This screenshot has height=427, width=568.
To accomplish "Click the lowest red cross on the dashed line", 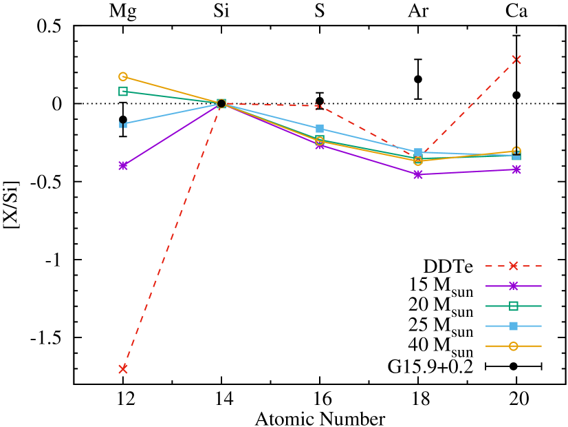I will (123, 369).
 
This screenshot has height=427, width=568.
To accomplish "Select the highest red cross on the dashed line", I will (516, 60).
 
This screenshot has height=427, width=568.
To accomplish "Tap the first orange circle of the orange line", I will (123, 76).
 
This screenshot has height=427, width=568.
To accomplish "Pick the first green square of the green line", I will (123, 91).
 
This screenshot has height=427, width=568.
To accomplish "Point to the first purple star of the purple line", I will (123, 165).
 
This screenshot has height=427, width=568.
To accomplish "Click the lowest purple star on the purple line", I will (418, 174).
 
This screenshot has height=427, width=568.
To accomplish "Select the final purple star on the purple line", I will (516, 169).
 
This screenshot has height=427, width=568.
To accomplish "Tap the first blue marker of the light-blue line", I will (123, 124).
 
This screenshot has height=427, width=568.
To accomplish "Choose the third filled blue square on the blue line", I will (320, 129).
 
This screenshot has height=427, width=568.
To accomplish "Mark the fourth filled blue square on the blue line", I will (418, 152).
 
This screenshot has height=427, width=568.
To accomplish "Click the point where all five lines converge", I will (221, 103).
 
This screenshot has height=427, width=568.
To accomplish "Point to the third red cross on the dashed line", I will (320, 106).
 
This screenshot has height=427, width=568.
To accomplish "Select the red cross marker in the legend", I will (513, 266).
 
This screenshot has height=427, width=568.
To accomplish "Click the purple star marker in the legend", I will (513, 286).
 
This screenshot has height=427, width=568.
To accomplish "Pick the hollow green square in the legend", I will (513, 306).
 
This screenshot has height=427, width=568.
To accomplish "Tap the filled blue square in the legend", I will (513, 326).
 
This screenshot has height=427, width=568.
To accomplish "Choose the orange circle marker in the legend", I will (513, 346).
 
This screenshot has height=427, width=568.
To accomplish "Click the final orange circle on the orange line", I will (516, 150).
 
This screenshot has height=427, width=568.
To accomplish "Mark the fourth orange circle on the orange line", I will (418, 161).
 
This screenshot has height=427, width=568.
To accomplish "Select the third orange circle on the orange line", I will (320, 140).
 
